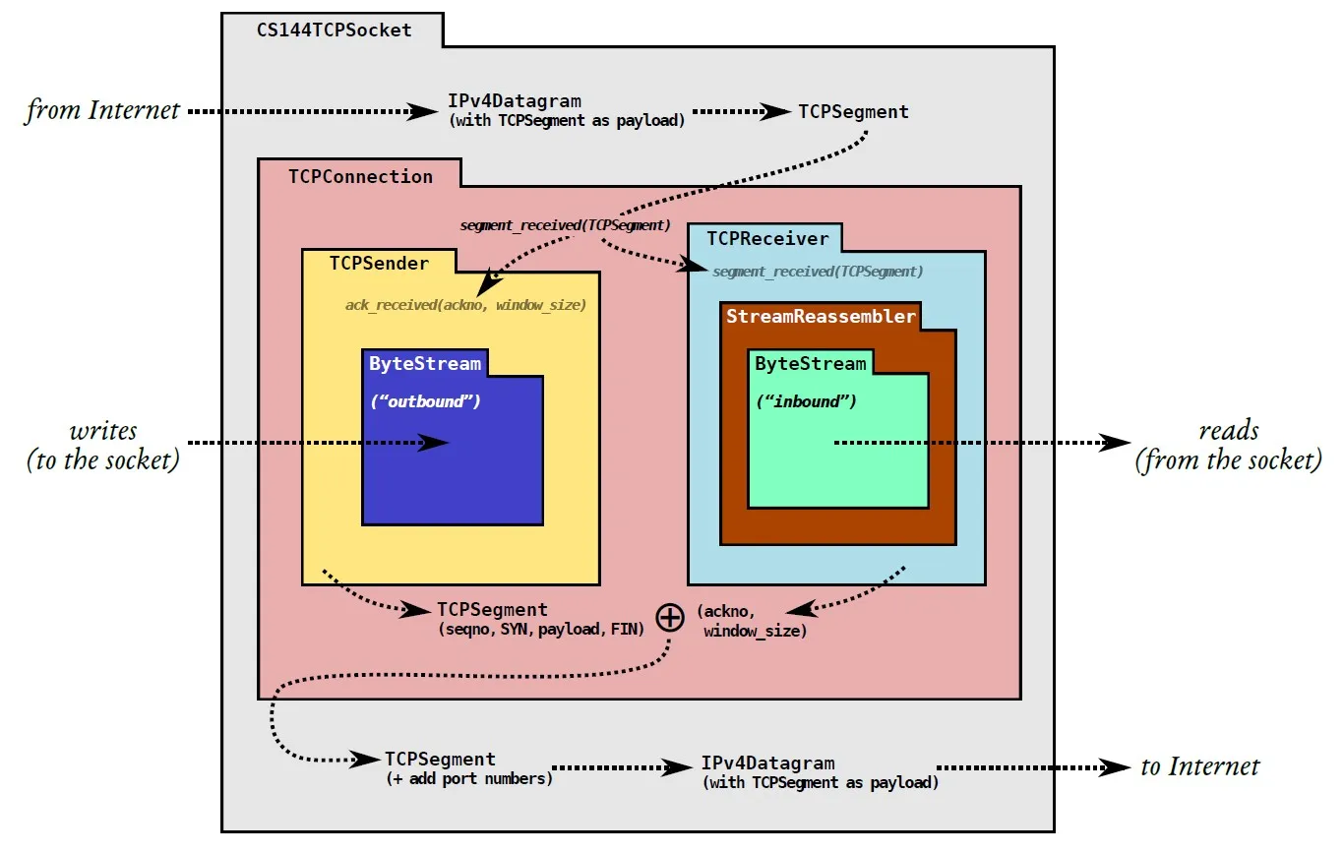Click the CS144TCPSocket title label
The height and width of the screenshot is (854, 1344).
click(x=334, y=30)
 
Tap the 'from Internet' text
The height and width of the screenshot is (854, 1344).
click(x=102, y=109)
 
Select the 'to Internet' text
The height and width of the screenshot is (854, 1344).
click(x=1200, y=766)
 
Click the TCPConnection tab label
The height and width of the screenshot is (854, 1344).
click(x=360, y=177)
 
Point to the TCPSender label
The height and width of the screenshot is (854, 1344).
click(x=379, y=263)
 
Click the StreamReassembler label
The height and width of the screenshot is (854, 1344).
click(x=821, y=316)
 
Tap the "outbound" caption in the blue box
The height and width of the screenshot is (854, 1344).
click(x=425, y=401)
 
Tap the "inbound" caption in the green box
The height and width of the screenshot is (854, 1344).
click(x=806, y=401)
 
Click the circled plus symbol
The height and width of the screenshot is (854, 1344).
click(x=670, y=617)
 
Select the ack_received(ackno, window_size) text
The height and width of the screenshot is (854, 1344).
click(x=465, y=305)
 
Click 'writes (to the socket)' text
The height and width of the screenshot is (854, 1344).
click(x=103, y=445)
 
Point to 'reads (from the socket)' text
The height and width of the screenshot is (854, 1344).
click(x=1229, y=445)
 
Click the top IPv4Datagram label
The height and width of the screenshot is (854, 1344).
click(x=515, y=100)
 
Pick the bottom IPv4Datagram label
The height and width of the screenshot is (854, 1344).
click(x=768, y=763)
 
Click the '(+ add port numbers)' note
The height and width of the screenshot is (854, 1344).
click(x=468, y=778)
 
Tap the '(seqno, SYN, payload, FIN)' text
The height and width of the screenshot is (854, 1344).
click(x=540, y=629)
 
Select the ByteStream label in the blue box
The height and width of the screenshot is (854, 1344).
click(x=425, y=363)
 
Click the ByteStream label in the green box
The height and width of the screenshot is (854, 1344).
click(x=811, y=363)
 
